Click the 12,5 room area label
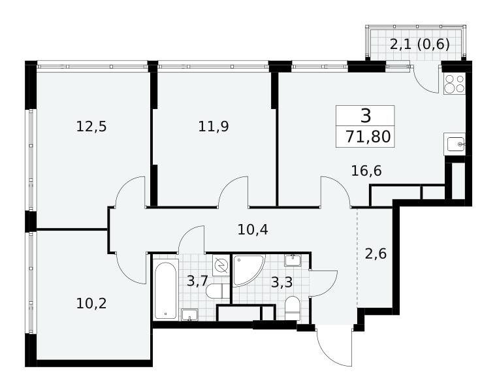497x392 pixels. click(x=91, y=127)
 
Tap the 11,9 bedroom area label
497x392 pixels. click(x=214, y=127)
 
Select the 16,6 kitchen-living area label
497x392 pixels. click(x=366, y=171)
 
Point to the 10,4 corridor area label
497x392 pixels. click(x=253, y=229)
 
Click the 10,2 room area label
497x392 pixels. click(x=91, y=304)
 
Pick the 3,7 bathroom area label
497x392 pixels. click(x=197, y=281)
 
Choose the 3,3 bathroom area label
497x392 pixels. click(x=281, y=282)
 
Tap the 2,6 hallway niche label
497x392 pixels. click(x=376, y=253)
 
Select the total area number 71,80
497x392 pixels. click(x=368, y=137)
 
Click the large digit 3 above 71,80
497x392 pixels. click(x=366, y=116)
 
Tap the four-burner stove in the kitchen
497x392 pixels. click(x=454, y=84)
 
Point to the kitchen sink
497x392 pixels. click(x=455, y=144)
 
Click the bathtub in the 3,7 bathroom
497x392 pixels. click(x=165, y=291)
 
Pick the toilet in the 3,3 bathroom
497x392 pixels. click(x=292, y=308)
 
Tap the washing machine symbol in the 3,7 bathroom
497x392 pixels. click(x=221, y=265)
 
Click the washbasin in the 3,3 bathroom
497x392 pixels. click(x=293, y=260)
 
